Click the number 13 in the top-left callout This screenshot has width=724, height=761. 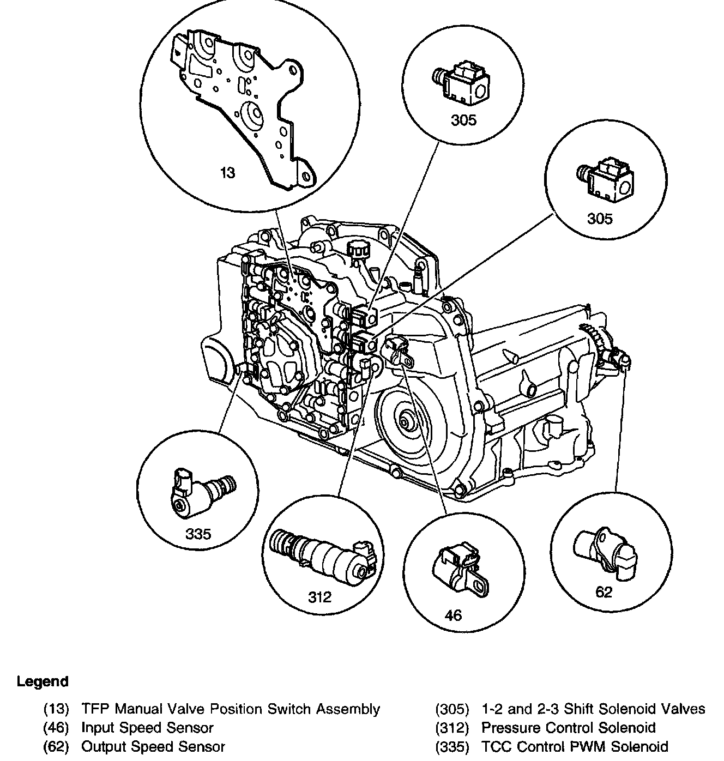pos(228,173)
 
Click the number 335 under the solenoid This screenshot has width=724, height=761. pos(198,534)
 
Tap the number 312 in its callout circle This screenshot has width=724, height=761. pos(319,597)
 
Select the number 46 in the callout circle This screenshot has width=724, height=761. pos(453,615)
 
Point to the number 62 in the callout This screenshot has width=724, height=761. pos(604,592)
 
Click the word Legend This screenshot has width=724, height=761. pos(43,681)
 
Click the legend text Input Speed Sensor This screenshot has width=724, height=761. pos(147,728)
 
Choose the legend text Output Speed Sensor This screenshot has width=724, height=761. pos(153,746)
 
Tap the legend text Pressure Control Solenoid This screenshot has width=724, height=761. pos(569,728)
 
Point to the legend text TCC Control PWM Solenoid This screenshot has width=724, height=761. pos(575,746)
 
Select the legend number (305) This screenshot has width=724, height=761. pos(452,709)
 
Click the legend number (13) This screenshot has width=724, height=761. pos(57,709)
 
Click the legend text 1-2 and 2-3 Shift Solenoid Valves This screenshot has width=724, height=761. pos(593,709)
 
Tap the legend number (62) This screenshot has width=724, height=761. pos(57,746)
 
